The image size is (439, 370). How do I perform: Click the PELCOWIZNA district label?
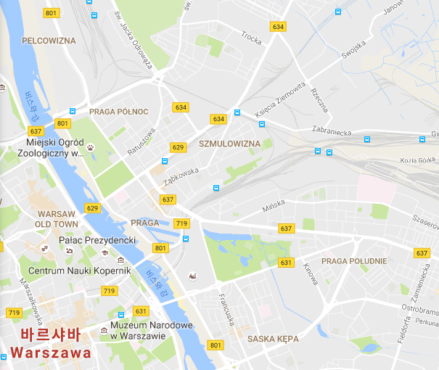pyautogui.click(x=49, y=41)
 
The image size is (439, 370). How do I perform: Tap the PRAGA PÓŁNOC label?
pyautogui.click(x=118, y=111)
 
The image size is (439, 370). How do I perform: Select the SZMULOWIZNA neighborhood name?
pyautogui.click(x=229, y=144)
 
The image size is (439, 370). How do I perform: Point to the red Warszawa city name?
pyautogui.click(x=50, y=353)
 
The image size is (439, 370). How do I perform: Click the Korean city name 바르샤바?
pyautogui.click(x=50, y=336)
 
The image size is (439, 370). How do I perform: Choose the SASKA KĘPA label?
pyautogui.click(x=273, y=339)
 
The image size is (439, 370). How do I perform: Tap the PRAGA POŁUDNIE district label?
pyautogui.click(x=354, y=261)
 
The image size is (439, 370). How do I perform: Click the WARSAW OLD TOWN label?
pyautogui.click(x=56, y=219)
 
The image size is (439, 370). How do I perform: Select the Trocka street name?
pyautogui.click(x=251, y=38)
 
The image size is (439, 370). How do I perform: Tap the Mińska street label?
pyautogui.click(x=275, y=208)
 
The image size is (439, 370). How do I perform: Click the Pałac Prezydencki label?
pyautogui.click(x=97, y=239)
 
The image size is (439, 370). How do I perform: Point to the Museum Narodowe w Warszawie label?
pyautogui.click(x=152, y=330)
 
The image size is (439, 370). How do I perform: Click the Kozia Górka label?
pyautogui.click(x=416, y=160)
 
